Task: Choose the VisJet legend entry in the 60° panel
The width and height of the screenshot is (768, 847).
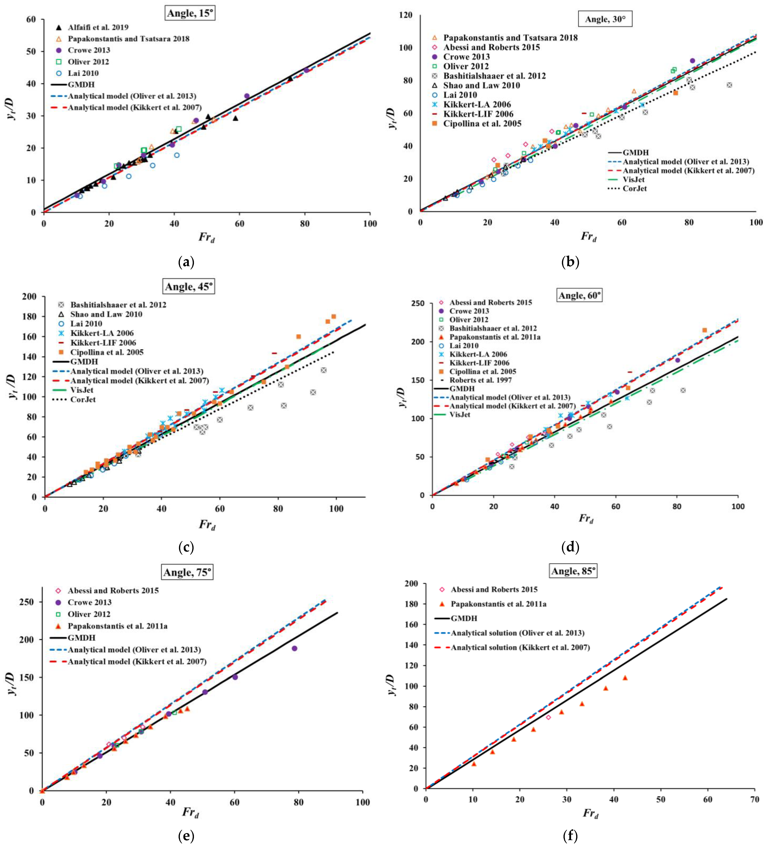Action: pos(460,415)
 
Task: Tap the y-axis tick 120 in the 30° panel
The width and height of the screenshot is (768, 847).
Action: pos(406,15)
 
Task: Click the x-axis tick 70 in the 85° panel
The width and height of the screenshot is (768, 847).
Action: pos(755,799)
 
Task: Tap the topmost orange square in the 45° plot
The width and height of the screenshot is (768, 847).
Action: pos(333,316)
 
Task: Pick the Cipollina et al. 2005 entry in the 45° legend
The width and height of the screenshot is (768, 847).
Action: pos(107,352)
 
